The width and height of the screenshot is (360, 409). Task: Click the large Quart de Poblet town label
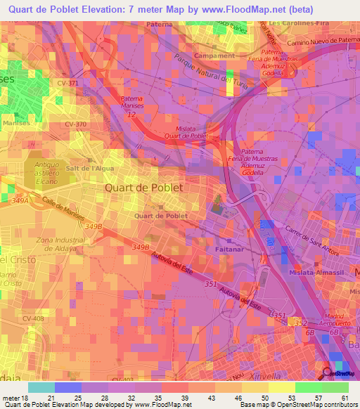click(143, 188)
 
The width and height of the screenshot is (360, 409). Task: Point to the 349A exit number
click(20, 202)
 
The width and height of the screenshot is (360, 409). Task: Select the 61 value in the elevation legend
click(345, 397)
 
